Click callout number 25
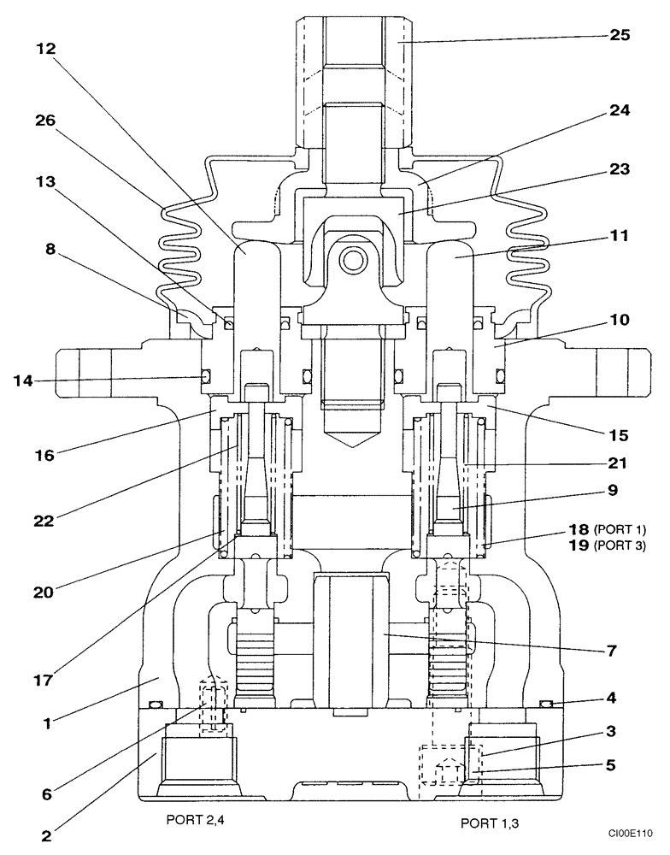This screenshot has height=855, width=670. (620, 36)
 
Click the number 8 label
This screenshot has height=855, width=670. (50, 251)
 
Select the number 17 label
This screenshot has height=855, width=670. (45, 681)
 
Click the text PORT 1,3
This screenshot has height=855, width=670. (490, 823)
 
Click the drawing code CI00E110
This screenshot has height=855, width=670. (631, 831)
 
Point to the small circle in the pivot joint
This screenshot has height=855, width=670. (351, 256)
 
